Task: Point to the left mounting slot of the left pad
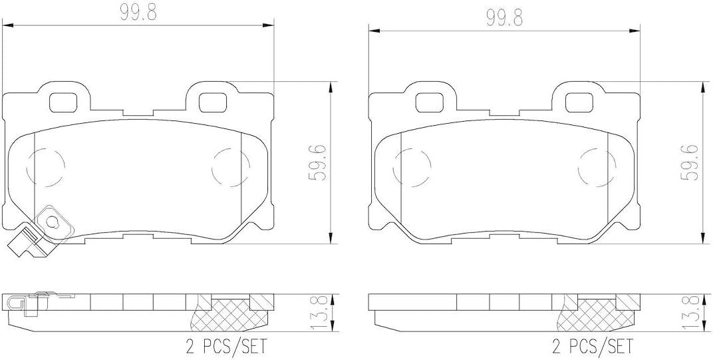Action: pos(65,102)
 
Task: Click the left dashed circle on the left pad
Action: pos(47,166)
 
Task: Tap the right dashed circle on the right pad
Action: pos(595,166)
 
